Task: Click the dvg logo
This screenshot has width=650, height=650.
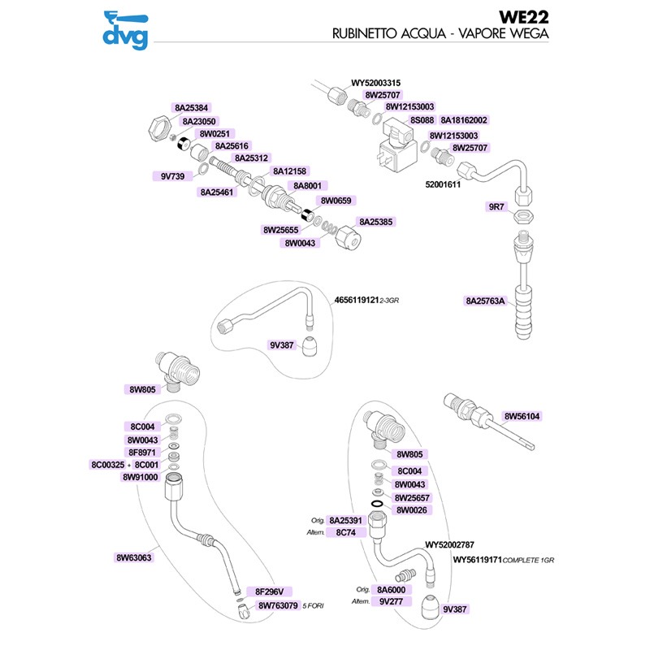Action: coord(126,30)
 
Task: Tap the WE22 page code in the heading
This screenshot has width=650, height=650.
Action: coord(523,17)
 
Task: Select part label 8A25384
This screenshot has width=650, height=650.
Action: coord(191,108)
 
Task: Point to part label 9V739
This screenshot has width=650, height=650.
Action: coord(172,176)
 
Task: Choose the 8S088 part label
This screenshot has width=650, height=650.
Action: coord(422,120)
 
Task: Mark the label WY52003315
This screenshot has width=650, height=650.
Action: coord(375,83)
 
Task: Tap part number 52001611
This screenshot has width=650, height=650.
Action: coord(443,184)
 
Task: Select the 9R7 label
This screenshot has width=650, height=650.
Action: coord(496,206)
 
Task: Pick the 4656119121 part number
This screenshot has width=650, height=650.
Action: coord(357,300)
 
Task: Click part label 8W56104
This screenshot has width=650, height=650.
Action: coord(522,416)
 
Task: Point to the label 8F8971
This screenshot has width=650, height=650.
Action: coord(141,453)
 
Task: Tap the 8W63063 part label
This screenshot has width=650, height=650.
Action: coord(133,557)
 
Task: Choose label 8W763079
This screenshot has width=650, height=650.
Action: coord(278,605)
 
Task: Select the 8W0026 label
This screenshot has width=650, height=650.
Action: coord(412,510)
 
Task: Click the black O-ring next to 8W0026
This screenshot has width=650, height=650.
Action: coord(378,505)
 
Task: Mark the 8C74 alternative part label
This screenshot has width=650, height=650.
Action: coord(346,533)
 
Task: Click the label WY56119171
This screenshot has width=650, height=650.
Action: coord(477,560)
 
